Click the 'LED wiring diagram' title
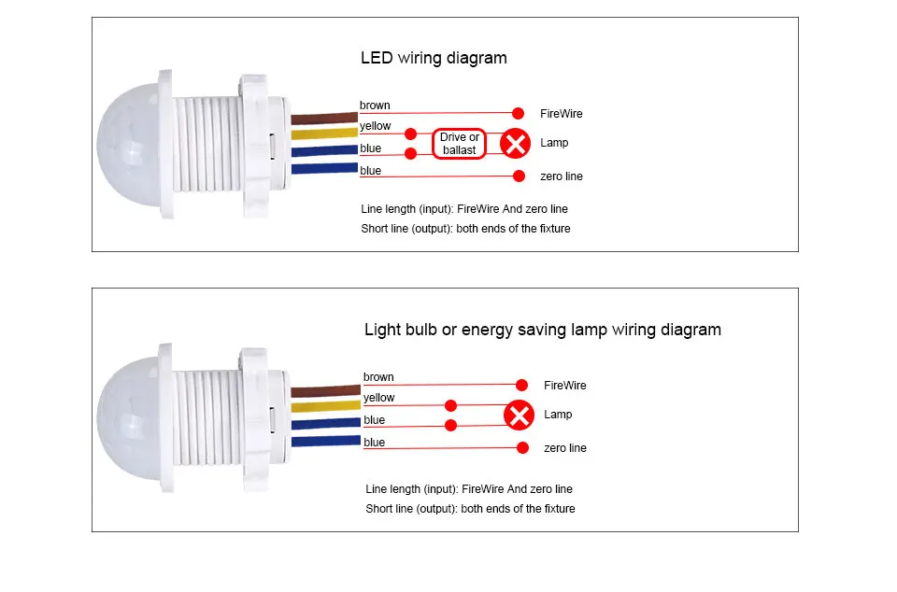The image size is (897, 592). point(434,58)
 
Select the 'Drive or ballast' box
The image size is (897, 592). point(459,144)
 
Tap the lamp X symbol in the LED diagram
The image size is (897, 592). point(514,144)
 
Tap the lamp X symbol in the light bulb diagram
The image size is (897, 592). point(518,416)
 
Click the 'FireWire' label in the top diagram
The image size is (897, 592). point(561,114)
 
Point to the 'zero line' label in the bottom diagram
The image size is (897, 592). point(565,448)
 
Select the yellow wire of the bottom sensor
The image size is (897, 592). point(324,406)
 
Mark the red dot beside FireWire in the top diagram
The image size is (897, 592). point(518,112)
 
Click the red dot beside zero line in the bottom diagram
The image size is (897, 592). point(522,448)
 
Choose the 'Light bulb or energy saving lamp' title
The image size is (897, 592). point(542,330)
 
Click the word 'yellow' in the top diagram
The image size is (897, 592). point(376,126)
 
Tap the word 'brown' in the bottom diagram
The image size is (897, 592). point(378,377)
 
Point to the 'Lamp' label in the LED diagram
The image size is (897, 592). point(555,144)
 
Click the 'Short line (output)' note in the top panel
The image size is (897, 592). point(465,229)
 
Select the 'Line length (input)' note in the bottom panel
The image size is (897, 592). point(469,489)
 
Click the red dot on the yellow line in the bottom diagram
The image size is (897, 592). point(450,405)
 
